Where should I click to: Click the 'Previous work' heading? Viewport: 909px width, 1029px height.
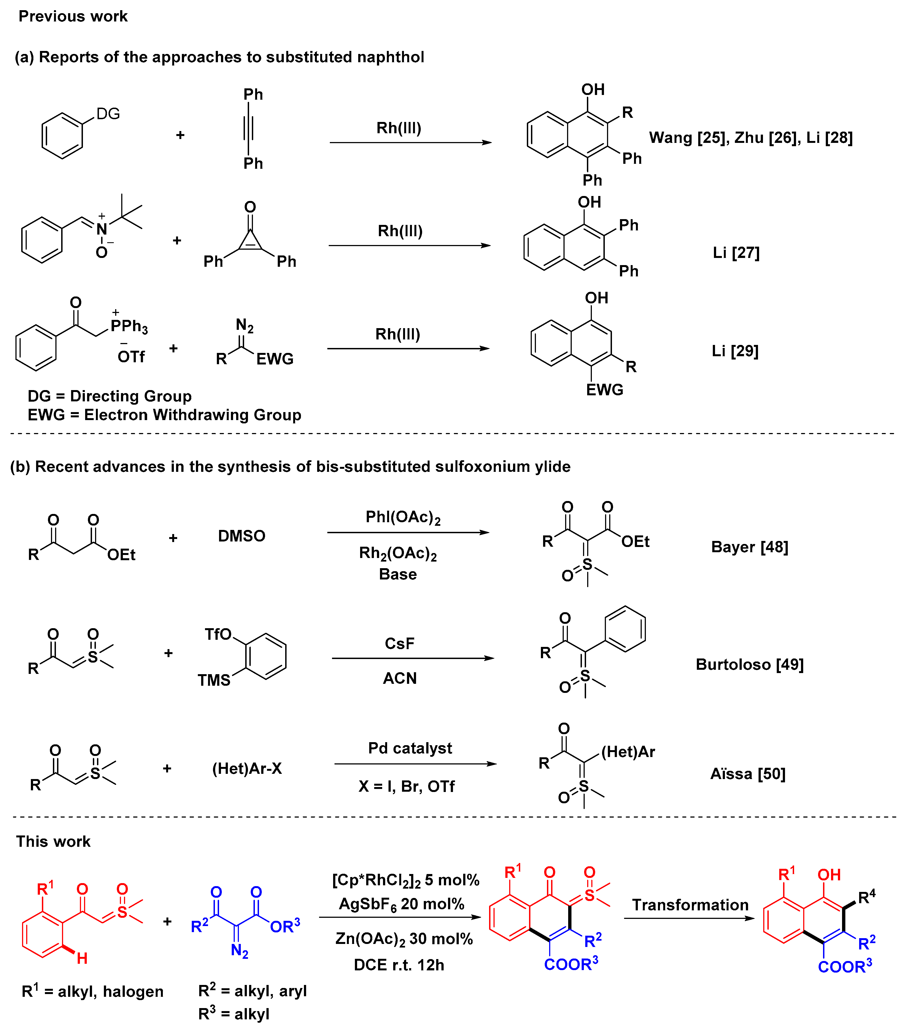(73, 16)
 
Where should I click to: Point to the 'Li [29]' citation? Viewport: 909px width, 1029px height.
(735, 351)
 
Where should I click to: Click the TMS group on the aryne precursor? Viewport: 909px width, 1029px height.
(214, 680)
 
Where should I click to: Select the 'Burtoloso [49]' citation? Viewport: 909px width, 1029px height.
(749, 665)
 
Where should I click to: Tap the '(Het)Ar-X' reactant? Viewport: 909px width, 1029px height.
(247, 769)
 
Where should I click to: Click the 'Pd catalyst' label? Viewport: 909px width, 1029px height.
(410, 748)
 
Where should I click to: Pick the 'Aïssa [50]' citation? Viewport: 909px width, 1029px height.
(748, 774)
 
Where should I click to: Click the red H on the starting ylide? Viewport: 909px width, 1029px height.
(82, 958)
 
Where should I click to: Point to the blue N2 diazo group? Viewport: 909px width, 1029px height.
(239, 951)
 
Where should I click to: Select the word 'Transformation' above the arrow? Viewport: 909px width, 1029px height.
(690, 905)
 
